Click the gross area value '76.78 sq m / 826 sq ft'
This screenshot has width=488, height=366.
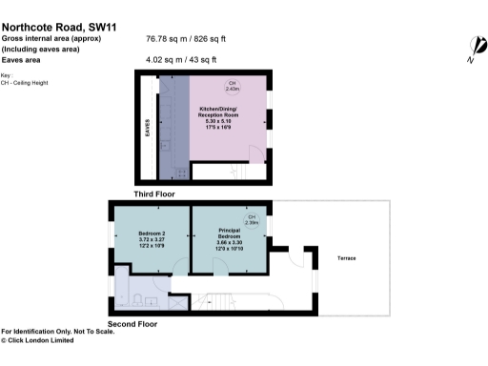tap(186, 39)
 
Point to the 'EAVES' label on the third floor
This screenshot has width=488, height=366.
tap(147, 128)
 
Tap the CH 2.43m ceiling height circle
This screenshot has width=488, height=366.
tap(232, 87)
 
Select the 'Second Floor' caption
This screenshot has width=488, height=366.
tap(132, 324)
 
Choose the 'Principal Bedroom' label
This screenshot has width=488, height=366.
tap(229, 237)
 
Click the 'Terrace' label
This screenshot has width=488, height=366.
tap(346, 258)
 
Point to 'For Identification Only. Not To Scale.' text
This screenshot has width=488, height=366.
tap(57, 331)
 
